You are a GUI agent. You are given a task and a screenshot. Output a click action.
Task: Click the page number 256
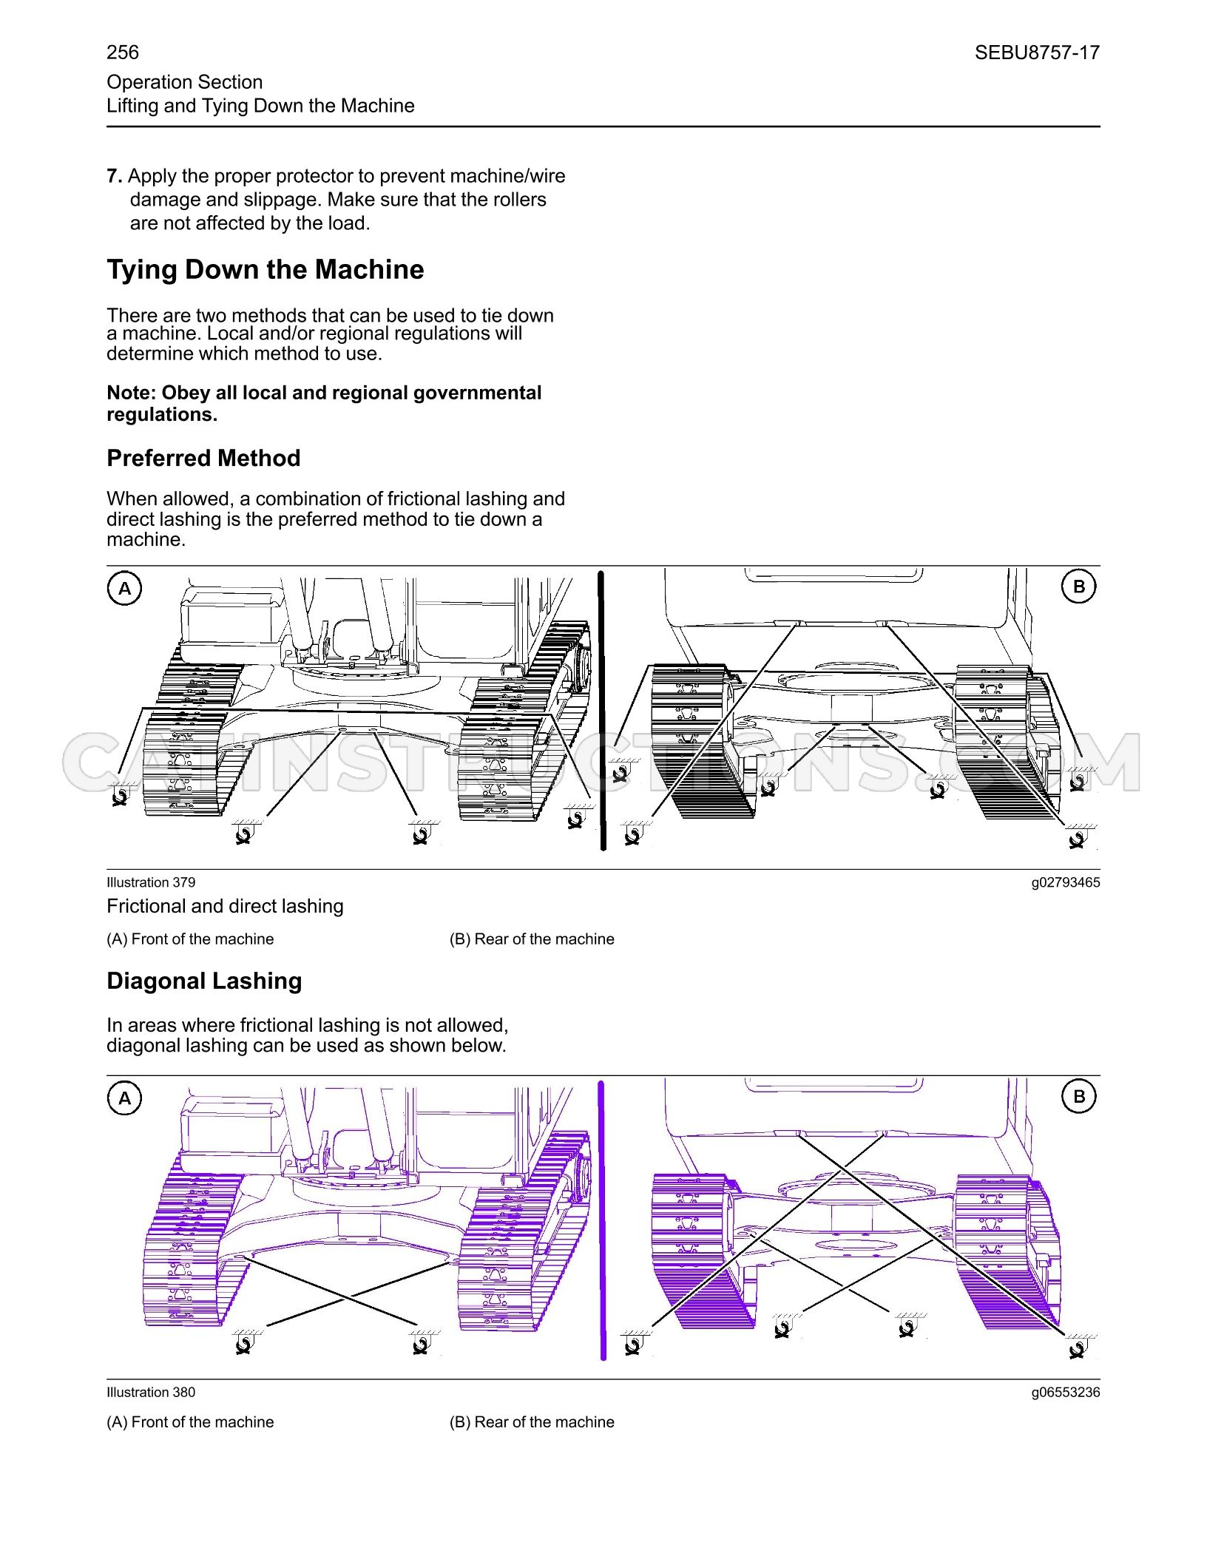pos(123,53)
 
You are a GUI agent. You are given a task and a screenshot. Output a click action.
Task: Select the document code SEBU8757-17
pos(1037,53)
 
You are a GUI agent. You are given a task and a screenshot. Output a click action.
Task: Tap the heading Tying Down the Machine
pos(266,270)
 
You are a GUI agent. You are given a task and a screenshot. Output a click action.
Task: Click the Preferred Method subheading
pos(203,459)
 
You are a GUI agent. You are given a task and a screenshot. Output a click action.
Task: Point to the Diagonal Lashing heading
pos(204,981)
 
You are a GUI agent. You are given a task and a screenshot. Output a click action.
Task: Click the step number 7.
pos(114,176)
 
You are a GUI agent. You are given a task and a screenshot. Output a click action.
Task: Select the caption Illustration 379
pos(151,882)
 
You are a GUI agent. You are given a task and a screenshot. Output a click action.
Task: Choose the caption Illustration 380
pos(151,1393)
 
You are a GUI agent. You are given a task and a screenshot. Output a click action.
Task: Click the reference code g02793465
pos(1066,882)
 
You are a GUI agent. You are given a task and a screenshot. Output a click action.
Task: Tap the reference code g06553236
pos(1066,1393)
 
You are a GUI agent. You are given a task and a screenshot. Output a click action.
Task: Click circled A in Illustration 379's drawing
pos(125,589)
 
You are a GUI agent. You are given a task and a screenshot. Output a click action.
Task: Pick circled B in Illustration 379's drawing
pos(1079,586)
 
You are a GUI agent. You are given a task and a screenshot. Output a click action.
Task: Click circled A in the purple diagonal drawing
pos(125,1098)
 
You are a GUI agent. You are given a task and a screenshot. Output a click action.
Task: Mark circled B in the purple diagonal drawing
pos(1079,1097)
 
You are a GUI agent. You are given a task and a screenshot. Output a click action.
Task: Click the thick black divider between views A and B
pos(602,710)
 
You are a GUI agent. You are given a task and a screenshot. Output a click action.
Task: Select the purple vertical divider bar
pos(602,1220)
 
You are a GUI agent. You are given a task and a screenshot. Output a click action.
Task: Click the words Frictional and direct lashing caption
pos(225,907)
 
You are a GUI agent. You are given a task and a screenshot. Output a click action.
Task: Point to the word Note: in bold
pos(132,393)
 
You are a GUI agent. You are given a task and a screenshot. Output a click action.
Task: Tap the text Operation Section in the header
pos(184,82)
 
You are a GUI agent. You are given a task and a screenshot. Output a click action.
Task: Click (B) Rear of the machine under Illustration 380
pos(532,1422)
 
